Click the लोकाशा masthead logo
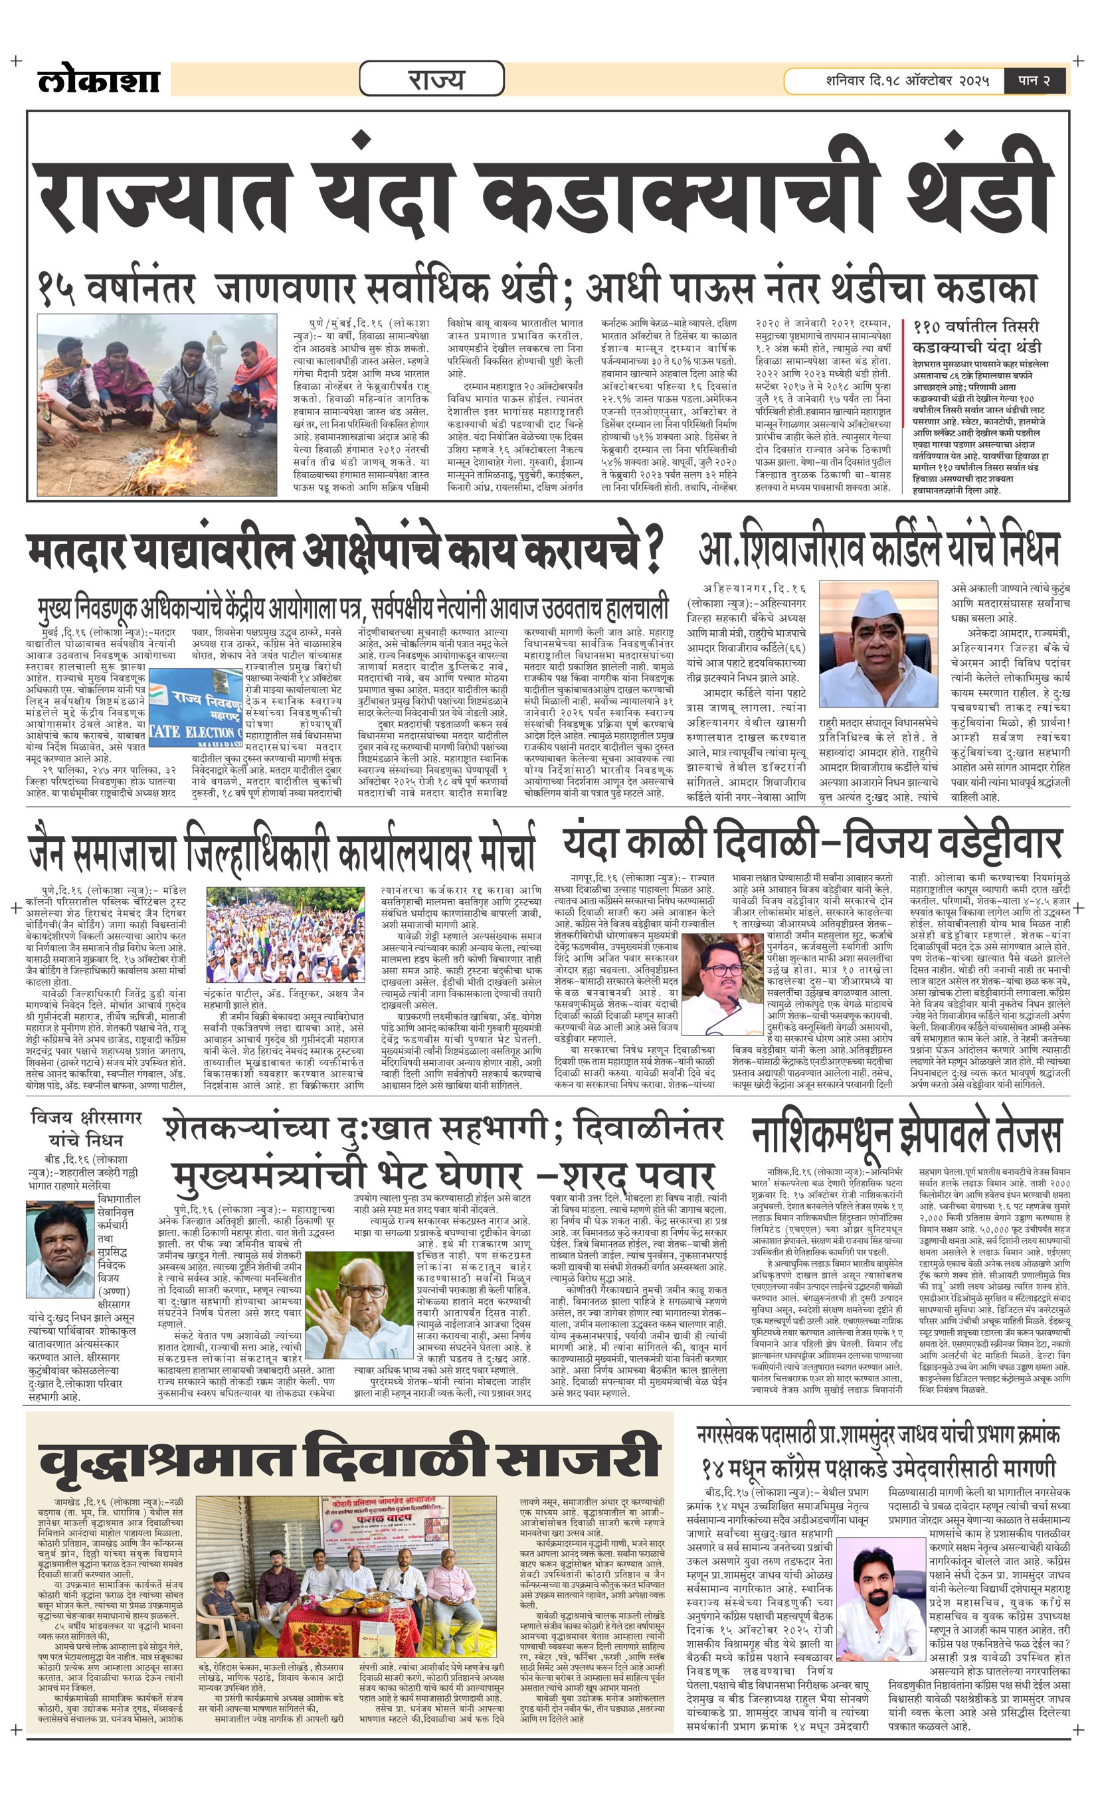(x=98, y=80)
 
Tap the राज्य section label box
(x=432, y=78)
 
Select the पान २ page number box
(x=1034, y=80)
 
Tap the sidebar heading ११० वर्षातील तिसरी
(x=976, y=327)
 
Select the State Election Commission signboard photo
(x=195, y=705)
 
